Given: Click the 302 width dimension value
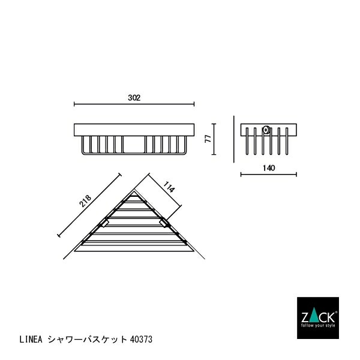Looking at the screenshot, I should pyautogui.click(x=134, y=98).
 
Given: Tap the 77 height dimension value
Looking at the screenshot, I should pyautogui.click(x=206, y=139).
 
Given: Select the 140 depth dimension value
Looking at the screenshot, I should pyautogui.click(x=268, y=168).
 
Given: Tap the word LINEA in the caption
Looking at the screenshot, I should pyautogui.click(x=33, y=339).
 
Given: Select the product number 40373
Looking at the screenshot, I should pyautogui.click(x=141, y=339).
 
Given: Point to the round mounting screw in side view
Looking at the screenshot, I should pyautogui.click(x=266, y=128).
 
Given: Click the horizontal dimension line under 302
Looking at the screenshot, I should pyautogui.click(x=135, y=105).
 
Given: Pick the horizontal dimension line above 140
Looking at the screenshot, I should pyautogui.click(x=268, y=175).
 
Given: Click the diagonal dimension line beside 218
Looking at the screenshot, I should pyautogui.click(x=90, y=205).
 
